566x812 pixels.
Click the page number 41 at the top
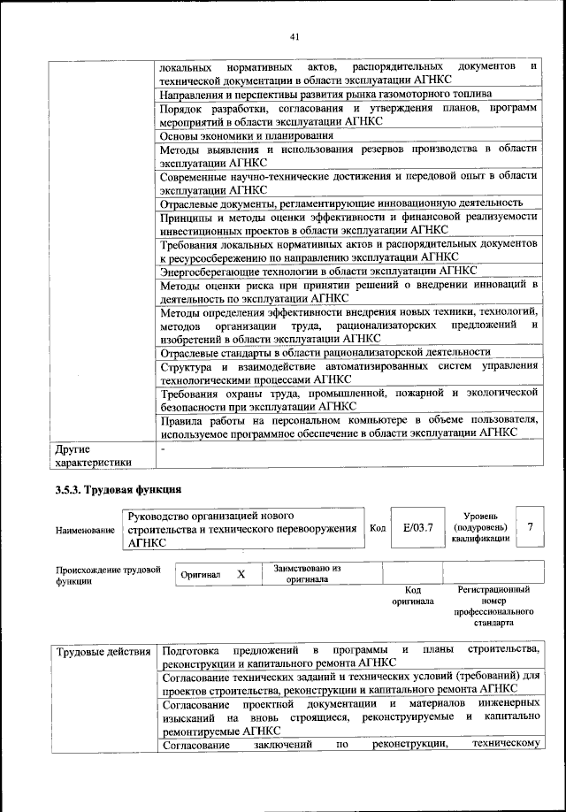click(295, 36)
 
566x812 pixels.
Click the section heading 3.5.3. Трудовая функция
click(118, 489)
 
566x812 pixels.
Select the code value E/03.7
click(417, 528)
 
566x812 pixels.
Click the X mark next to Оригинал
click(241, 574)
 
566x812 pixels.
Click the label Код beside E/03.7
click(378, 529)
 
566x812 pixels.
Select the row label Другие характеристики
click(93, 455)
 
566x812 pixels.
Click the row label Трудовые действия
click(103, 653)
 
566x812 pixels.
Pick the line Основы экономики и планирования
click(246, 136)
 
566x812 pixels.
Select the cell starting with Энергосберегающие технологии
click(318, 270)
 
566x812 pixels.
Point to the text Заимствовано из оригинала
click(308, 574)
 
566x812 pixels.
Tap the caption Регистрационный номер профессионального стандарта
click(493, 605)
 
